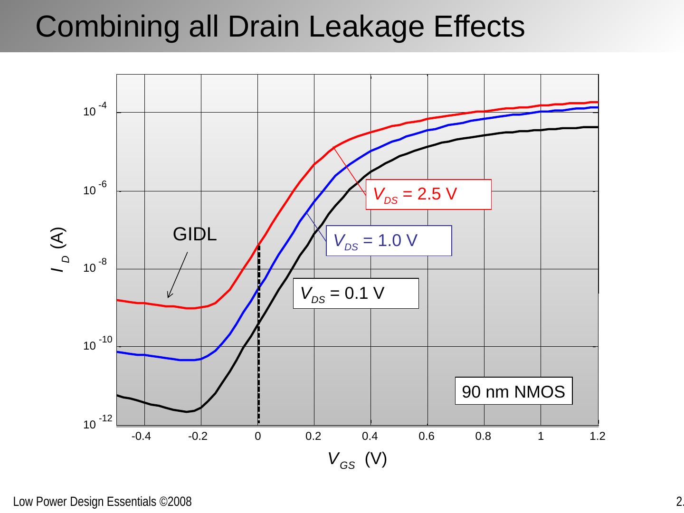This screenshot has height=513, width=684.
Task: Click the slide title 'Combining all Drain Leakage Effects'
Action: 280,27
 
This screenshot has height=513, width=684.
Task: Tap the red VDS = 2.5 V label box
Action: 428,194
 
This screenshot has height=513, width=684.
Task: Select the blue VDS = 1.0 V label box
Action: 389,241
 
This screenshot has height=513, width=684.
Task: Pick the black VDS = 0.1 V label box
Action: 356,294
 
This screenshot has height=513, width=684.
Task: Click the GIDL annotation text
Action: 195,234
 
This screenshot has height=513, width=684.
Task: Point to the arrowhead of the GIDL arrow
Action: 168,296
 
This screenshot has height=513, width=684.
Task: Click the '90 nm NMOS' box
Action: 513,391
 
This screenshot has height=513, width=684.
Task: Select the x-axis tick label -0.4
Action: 141,437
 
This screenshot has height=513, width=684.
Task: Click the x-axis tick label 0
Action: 257,437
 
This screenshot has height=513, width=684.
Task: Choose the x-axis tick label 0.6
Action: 427,437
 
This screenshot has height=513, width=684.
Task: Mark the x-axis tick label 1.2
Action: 597,437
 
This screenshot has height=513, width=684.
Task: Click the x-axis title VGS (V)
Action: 357,459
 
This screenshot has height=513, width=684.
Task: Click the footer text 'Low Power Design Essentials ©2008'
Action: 102,502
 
